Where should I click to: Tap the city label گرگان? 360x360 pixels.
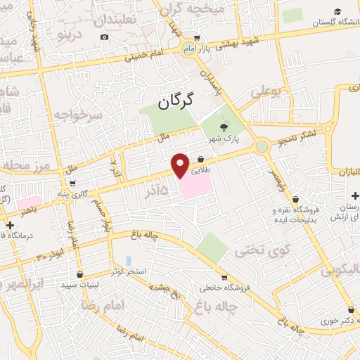coord(166,103)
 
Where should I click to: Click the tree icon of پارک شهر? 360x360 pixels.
coord(224,127)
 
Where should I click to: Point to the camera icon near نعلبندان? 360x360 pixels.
coord(105,37)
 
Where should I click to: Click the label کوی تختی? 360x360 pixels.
coord(252,250)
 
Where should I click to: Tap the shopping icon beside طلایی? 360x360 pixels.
coord(201,159)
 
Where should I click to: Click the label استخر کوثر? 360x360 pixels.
coord(128,271)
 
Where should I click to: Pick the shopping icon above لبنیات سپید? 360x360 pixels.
coord(79,274)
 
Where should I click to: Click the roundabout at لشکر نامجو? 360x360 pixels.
coord(262,146)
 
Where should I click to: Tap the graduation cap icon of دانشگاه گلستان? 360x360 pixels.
coord(337,13)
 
